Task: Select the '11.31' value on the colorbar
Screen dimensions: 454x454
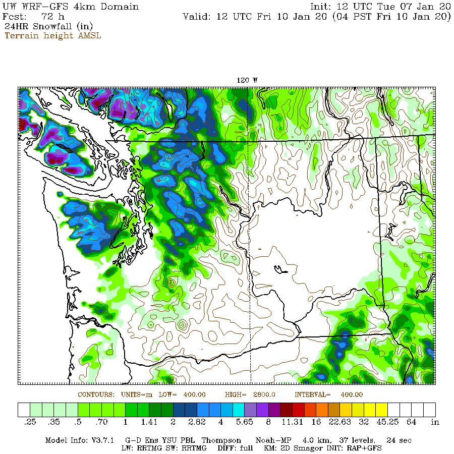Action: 301,422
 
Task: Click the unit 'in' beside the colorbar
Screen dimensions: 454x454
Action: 435,422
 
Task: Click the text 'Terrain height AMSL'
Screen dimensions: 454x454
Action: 52,36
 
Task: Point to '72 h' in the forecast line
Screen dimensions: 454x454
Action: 53,17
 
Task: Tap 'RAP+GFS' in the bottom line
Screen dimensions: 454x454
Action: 366,448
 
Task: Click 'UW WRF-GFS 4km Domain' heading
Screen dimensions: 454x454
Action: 71,7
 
